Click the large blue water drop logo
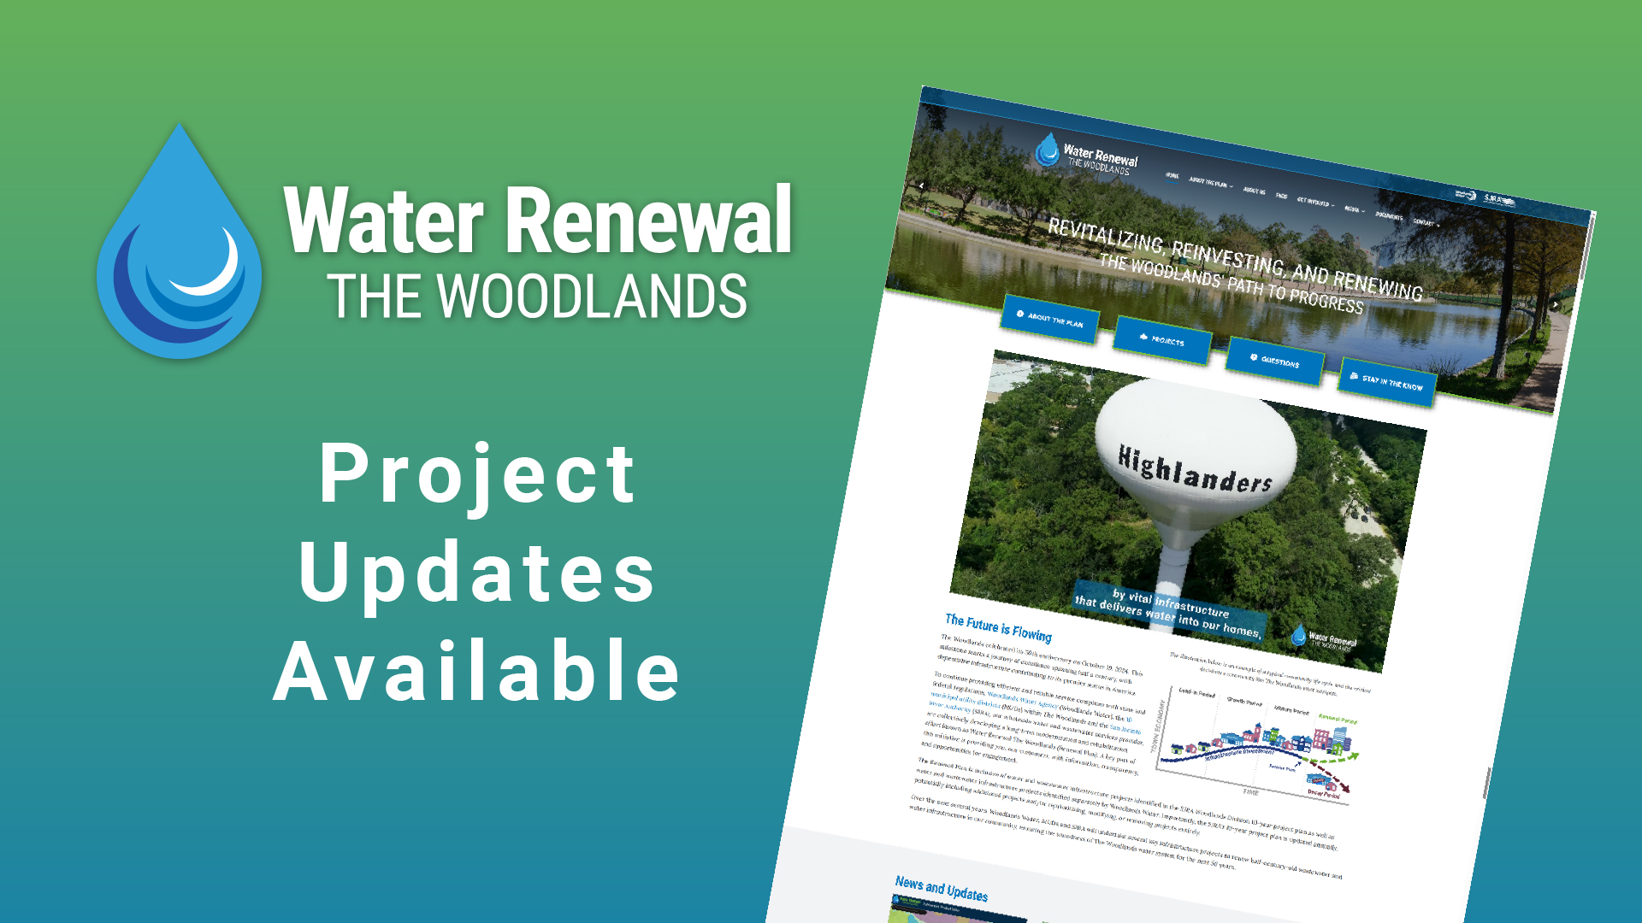[180, 248]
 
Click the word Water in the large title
[383, 220]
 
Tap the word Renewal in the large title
[650, 220]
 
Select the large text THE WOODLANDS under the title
[537, 297]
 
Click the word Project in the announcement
[477, 475]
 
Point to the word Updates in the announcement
[477, 573]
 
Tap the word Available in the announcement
[477, 672]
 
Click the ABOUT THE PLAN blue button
[1050, 320]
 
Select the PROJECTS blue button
[1161, 340]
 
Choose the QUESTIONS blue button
[1274, 361]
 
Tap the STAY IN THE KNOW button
[1387, 382]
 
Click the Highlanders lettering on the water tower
[1195, 469]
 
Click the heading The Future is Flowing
[998, 627]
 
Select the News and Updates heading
[941, 889]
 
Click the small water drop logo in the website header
[1047, 150]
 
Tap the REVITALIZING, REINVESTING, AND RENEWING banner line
[1234, 259]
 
